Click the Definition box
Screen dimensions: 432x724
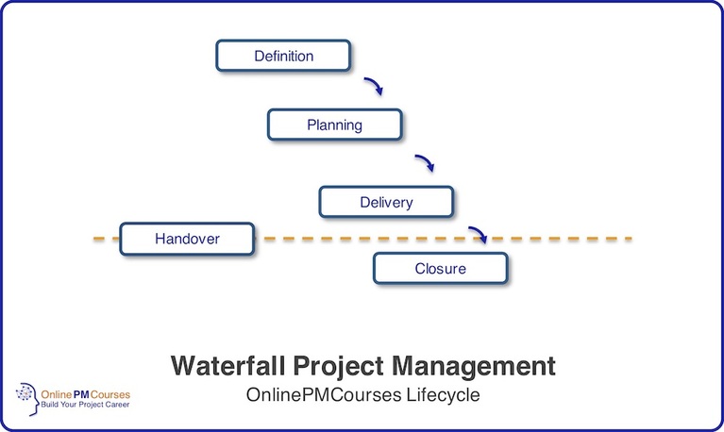[x=283, y=56]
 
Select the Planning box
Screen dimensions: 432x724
[x=335, y=125]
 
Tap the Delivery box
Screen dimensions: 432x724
[x=386, y=202]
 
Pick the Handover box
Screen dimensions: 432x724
[x=187, y=239]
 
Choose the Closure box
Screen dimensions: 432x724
[x=440, y=269]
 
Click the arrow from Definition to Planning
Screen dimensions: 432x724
[x=374, y=86]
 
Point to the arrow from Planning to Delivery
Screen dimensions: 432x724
[x=425, y=162]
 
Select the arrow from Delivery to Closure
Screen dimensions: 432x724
[x=479, y=233]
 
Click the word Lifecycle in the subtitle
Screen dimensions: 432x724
[x=445, y=394]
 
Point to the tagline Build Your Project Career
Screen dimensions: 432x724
[x=83, y=404]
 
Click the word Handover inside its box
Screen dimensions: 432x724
[x=187, y=239]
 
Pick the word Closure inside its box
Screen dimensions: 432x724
[x=440, y=269]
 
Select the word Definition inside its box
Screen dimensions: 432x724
[x=283, y=56]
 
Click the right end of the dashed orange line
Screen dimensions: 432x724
[x=627, y=239]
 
